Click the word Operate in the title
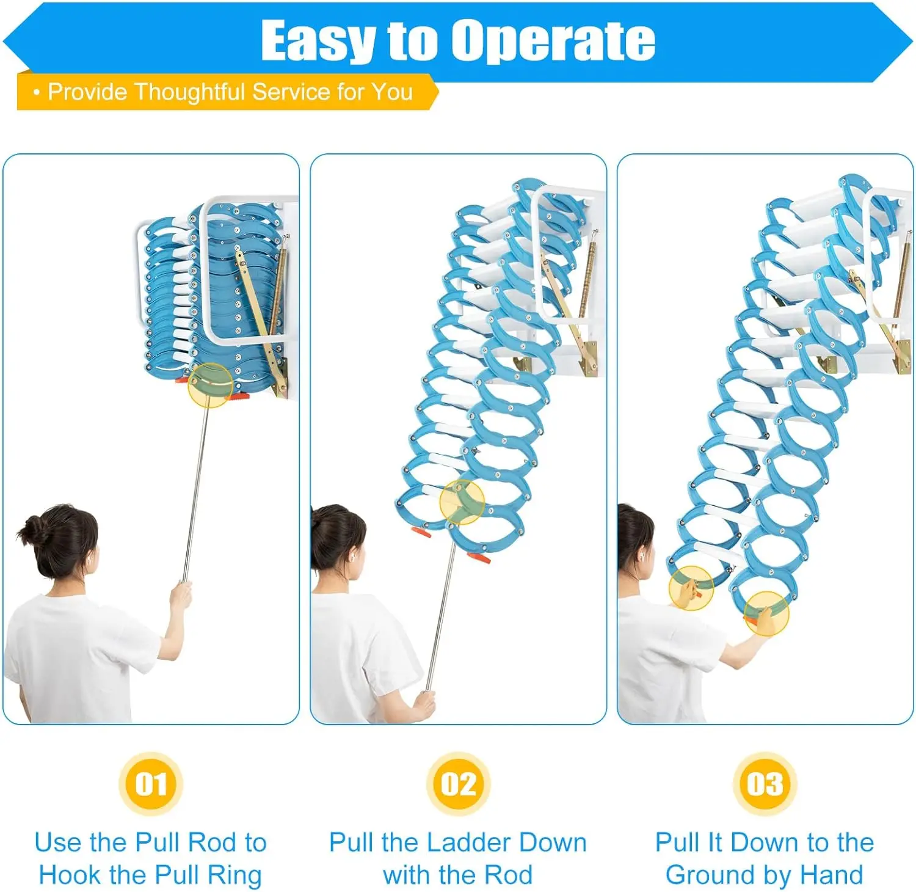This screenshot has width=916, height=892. pos(553,41)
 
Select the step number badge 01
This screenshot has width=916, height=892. pos(151,784)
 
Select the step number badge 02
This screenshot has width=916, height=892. pos(458,784)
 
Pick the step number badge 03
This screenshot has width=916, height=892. pos(765,784)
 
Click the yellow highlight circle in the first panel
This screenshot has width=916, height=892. pos(210,385)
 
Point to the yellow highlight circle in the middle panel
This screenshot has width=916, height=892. pos(462,502)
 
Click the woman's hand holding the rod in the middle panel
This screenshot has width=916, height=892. pos(425,704)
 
